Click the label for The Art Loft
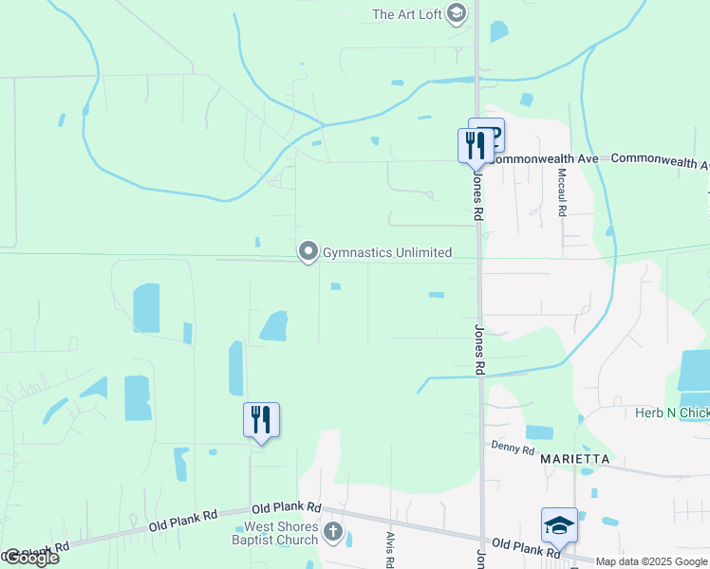[x=407, y=14]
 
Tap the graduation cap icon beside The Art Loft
[x=457, y=13]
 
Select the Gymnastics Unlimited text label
[x=387, y=252]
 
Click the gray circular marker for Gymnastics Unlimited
[x=308, y=251]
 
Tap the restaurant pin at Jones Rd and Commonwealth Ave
[x=476, y=145]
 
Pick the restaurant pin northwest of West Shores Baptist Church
[x=261, y=420]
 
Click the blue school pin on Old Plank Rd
[x=559, y=524]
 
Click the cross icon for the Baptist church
[x=332, y=532]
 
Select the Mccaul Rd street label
[x=562, y=193]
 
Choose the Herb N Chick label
[x=672, y=413]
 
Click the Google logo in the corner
[x=30, y=558]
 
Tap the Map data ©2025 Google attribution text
[x=651, y=561]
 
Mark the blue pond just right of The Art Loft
[x=498, y=31]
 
